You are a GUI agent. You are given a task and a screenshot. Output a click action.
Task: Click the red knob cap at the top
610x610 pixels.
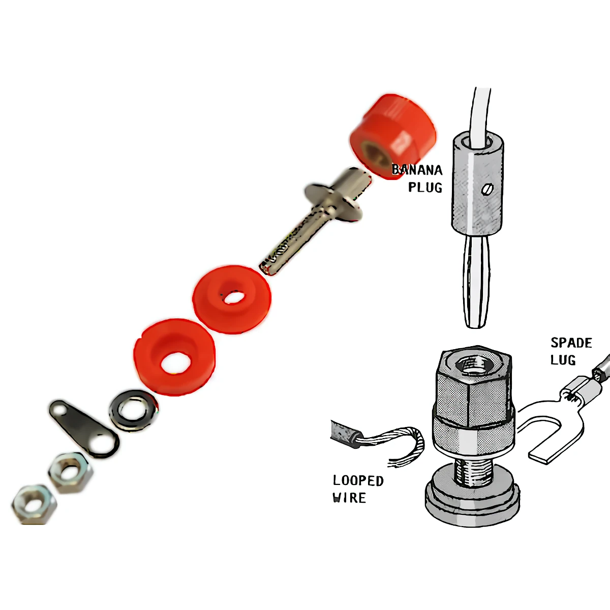(392, 136)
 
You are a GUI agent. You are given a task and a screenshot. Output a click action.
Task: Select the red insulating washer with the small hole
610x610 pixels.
(232, 299)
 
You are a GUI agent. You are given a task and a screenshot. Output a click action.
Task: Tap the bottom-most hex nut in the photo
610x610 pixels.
(34, 504)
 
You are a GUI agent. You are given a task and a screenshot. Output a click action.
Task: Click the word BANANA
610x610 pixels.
(417, 170)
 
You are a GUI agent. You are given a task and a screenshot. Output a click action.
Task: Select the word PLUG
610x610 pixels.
(425, 188)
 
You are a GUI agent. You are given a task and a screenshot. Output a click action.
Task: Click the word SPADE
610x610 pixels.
(571, 343)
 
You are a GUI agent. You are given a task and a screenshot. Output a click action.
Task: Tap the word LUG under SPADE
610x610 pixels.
(563, 360)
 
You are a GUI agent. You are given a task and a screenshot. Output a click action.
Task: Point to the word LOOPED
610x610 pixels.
(358, 481)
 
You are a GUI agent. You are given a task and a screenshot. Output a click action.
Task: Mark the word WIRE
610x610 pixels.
(349, 498)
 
